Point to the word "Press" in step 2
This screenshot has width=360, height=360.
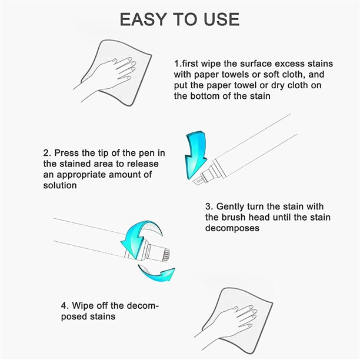(66, 153)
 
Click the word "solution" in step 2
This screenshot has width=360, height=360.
(60, 185)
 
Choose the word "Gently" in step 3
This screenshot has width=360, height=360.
(230, 206)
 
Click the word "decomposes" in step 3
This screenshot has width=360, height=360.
(232, 228)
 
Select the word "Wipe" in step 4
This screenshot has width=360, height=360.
(83, 305)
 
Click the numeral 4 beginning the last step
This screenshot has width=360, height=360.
(64, 306)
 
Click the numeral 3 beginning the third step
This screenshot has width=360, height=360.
(209, 206)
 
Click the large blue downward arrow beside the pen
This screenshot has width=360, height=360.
(196, 155)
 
